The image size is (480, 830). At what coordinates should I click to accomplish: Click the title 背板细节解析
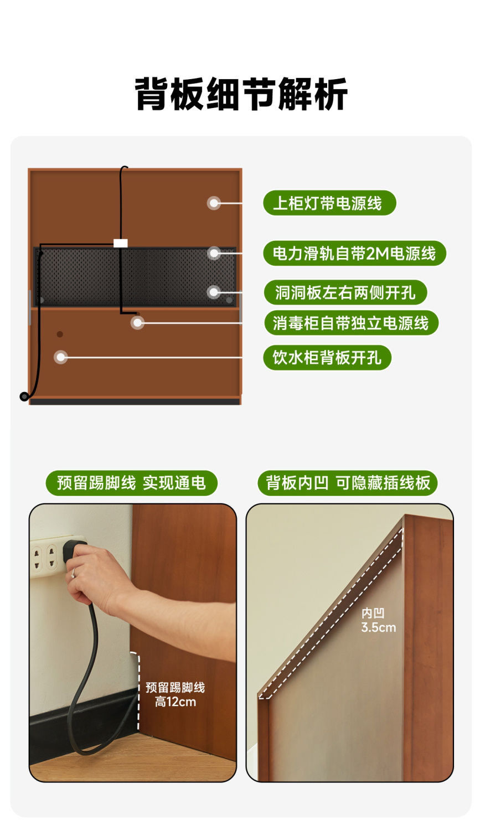(241, 94)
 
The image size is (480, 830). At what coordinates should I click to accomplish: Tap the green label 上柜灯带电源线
(329, 203)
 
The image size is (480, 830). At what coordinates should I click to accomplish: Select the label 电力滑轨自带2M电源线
(354, 254)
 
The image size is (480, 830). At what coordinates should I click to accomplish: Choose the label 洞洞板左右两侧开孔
(345, 292)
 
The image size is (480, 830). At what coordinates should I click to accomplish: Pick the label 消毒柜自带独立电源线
(351, 323)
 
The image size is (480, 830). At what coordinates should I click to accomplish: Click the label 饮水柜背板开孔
(327, 358)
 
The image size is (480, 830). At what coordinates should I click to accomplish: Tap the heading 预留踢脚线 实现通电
(131, 483)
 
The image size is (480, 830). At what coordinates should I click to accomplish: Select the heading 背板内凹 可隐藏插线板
(348, 483)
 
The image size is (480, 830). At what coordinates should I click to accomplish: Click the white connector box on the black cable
(120, 243)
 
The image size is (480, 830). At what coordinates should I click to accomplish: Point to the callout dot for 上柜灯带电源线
(214, 203)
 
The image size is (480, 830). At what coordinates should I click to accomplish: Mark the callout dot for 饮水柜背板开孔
(60, 357)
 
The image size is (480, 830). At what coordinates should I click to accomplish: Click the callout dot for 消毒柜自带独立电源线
(137, 323)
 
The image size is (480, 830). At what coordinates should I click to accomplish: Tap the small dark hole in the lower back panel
(60, 334)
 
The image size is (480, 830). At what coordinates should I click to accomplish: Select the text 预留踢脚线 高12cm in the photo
(175, 694)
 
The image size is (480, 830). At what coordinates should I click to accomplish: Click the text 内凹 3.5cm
(378, 620)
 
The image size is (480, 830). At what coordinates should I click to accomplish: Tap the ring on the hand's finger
(73, 573)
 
